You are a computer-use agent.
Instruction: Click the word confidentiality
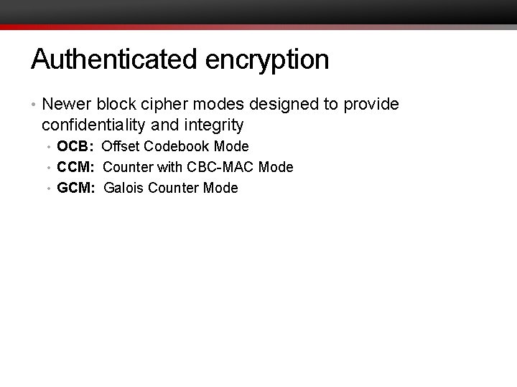(94, 125)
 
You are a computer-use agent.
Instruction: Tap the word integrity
(213, 126)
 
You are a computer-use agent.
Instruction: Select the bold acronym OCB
(74, 147)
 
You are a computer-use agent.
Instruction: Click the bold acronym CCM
(75, 168)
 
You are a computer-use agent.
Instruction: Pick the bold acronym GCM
(75, 188)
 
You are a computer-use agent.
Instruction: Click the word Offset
(120, 147)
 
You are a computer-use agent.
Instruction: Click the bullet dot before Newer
(34, 105)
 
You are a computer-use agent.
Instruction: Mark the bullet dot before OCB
(50, 148)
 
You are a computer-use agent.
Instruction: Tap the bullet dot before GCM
(50, 189)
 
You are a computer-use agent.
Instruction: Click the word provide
(371, 105)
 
